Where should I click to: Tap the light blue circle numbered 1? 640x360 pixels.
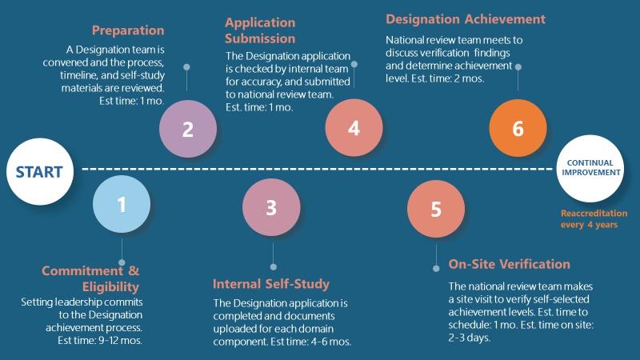click(122, 205)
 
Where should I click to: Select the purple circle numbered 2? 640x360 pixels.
click(187, 129)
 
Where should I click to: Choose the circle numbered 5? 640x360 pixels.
click(436, 208)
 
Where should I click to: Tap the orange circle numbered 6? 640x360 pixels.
click(518, 129)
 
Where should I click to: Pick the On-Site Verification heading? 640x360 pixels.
click(509, 264)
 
